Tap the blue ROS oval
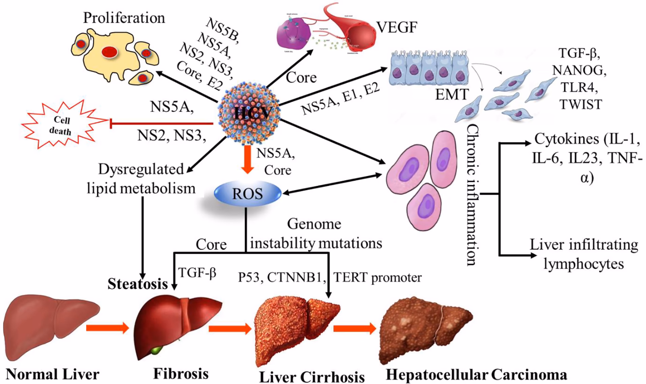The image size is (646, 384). (x=247, y=194)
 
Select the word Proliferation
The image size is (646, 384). (x=124, y=18)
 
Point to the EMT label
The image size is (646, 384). (x=452, y=94)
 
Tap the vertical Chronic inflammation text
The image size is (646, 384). (x=473, y=195)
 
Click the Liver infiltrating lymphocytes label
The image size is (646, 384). (x=584, y=254)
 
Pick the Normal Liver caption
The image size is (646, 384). (x=53, y=374)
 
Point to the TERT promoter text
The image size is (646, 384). (x=377, y=278)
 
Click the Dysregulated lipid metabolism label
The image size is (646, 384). (x=141, y=179)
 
